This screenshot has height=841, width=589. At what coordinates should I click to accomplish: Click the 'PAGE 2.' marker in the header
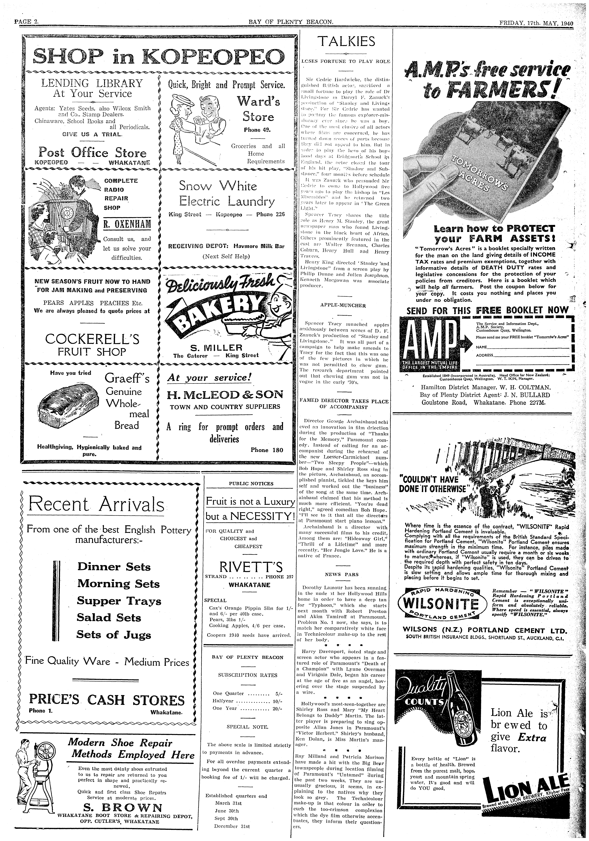[26, 22]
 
